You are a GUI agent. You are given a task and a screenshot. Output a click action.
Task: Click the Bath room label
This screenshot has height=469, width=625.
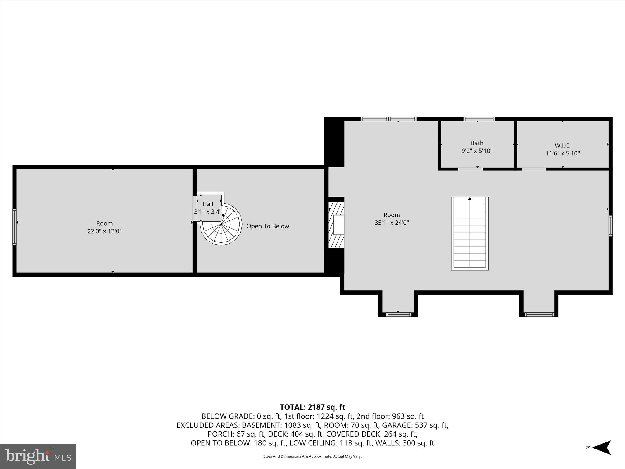click(477, 143)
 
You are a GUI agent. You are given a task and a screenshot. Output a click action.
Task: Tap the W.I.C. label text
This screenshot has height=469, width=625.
click(562, 146)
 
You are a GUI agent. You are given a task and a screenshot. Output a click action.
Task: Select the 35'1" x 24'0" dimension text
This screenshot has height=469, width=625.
click(392, 223)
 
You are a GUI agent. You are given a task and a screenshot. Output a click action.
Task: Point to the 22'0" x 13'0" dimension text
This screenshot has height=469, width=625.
click(104, 231)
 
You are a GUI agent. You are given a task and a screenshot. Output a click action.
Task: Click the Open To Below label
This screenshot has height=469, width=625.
click(268, 226)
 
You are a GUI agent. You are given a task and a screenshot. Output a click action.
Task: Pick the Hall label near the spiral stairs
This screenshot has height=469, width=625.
click(208, 204)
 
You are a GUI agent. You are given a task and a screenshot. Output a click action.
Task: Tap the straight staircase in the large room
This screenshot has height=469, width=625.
click(470, 234)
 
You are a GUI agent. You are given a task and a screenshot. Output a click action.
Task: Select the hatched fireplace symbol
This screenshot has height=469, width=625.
click(336, 225)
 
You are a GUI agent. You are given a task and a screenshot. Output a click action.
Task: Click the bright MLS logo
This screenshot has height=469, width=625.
click(38, 456)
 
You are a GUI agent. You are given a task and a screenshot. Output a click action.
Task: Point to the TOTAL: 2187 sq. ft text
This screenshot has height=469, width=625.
click(312, 407)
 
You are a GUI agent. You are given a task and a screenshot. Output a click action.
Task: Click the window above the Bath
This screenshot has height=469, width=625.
click(479, 119)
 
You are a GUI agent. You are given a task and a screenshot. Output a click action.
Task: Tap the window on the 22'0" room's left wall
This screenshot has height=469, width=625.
click(14, 227)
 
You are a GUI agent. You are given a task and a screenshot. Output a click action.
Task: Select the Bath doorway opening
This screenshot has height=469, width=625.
click(470, 169)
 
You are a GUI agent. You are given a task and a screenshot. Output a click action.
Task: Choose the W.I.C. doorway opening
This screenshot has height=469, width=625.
click(534, 169)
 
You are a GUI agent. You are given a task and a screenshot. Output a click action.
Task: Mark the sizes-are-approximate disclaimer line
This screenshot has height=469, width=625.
click(312, 456)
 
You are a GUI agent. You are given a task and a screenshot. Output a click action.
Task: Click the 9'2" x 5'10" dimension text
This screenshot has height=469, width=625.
click(477, 151)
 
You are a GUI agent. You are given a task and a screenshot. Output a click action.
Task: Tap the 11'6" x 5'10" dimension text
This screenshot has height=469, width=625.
click(562, 153)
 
